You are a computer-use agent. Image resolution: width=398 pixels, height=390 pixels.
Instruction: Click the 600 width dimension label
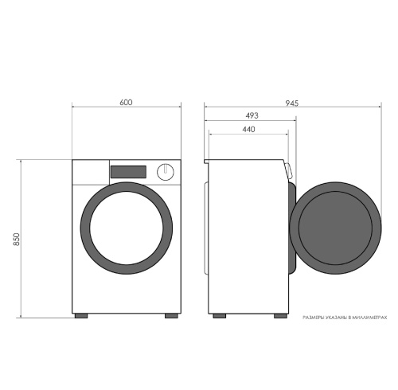(x=126, y=103)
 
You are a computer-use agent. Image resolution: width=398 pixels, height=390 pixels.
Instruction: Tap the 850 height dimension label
(x=17, y=240)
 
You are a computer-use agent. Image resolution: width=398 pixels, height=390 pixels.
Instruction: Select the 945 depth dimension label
(x=292, y=103)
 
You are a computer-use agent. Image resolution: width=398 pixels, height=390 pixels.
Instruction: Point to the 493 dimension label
(x=252, y=115)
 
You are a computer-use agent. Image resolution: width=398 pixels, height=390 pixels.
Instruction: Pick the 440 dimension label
(x=248, y=129)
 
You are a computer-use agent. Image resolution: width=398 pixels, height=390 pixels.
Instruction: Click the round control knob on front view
(x=166, y=172)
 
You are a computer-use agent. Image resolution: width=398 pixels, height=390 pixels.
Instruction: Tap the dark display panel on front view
(x=128, y=172)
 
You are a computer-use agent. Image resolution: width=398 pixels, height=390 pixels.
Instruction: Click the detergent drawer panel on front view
(x=91, y=173)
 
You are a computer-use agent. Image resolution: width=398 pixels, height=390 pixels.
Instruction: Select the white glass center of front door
(x=127, y=228)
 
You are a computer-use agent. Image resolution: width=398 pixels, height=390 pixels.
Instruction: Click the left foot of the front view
(x=81, y=316)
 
